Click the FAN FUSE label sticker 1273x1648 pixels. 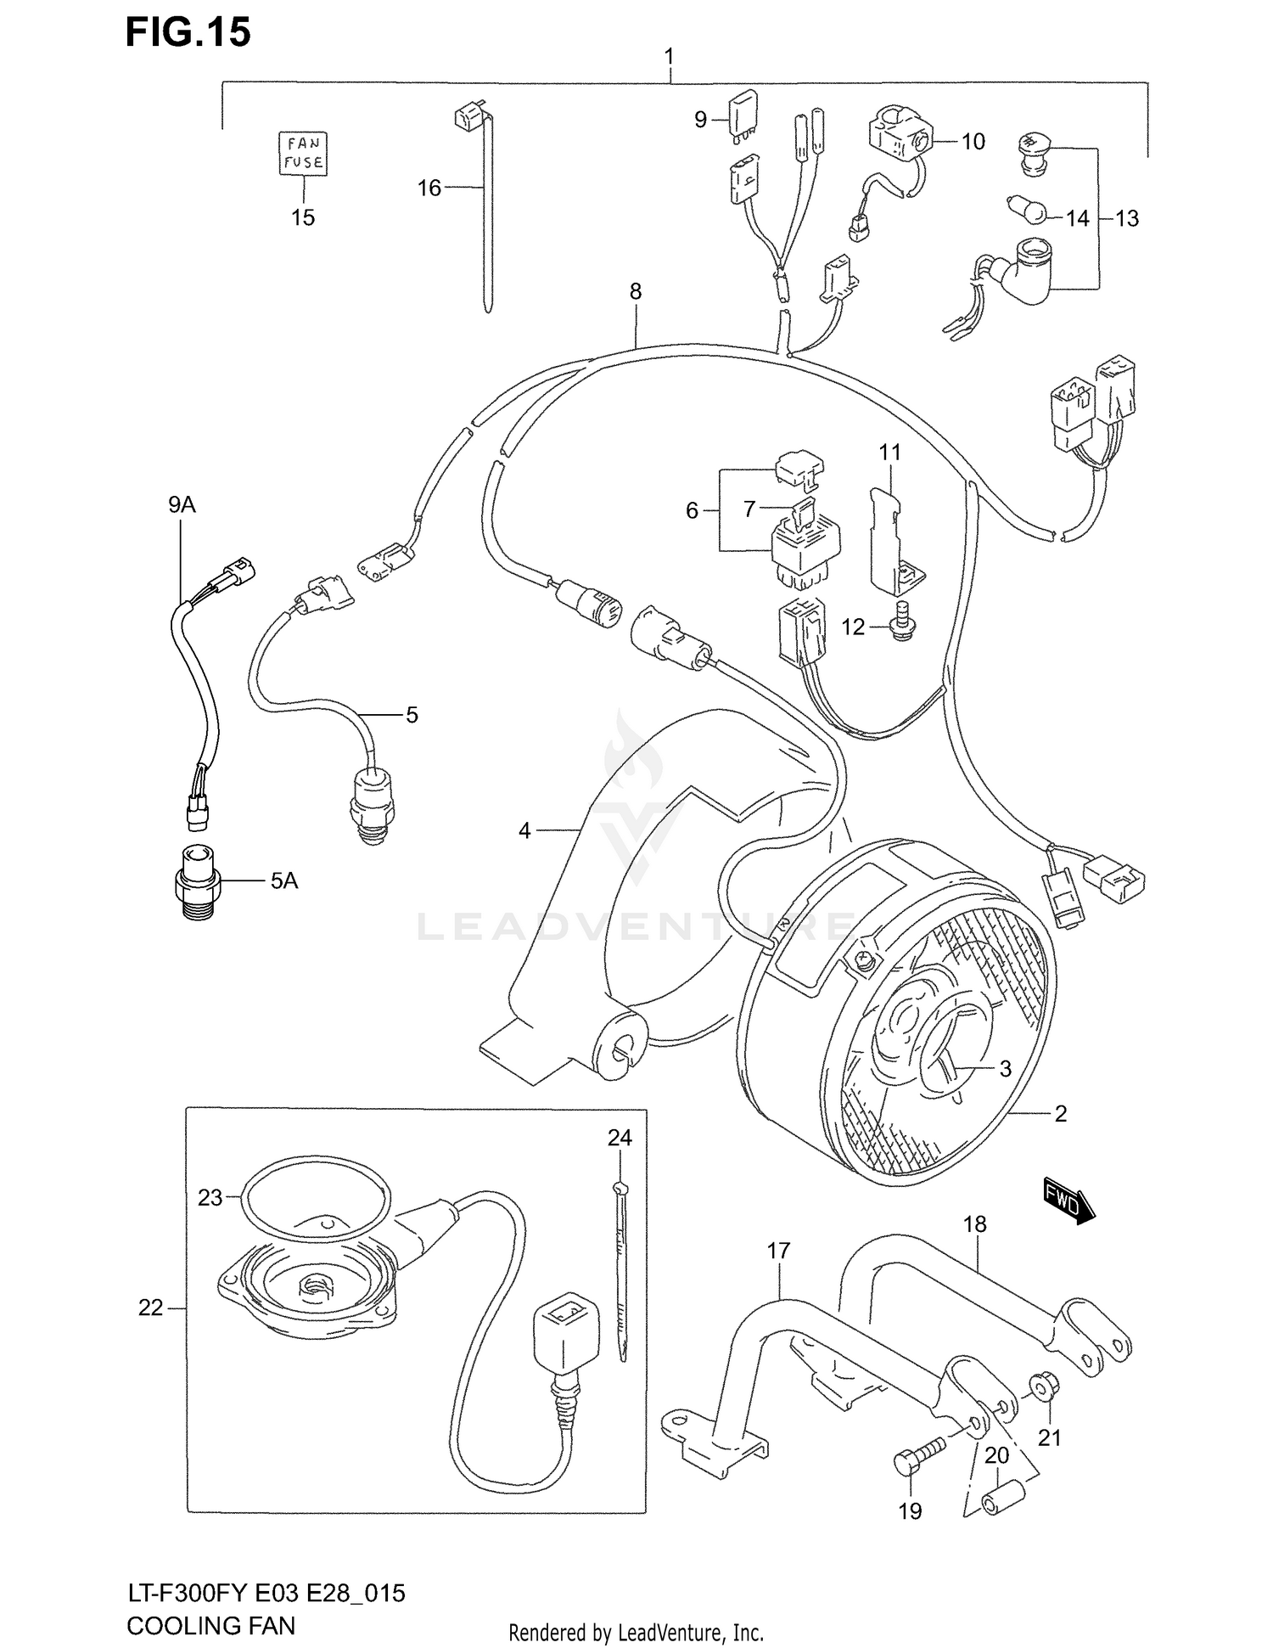point(303,154)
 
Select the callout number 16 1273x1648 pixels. point(429,188)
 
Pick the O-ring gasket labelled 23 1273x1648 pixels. point(316,1194)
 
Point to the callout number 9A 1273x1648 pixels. point(182,505)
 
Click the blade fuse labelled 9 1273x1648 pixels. point(741,114)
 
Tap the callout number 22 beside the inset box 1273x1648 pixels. point(150,1308)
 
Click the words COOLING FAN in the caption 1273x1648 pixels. point(210,1625)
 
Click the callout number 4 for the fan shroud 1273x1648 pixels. point(524,830)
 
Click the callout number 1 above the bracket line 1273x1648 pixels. point(669,57)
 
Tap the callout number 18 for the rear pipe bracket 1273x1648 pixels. point(975,1223)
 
